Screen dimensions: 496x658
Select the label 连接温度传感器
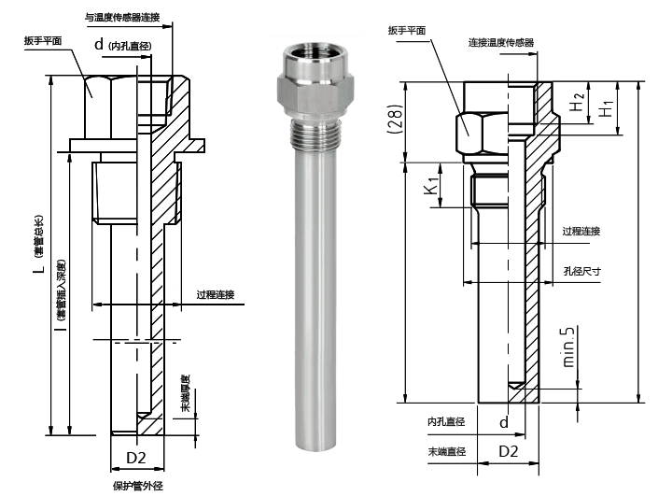point(500,42)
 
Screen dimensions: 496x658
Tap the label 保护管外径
point(138,486)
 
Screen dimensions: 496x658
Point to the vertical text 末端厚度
point(185,395)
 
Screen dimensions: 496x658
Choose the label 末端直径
point(446,451)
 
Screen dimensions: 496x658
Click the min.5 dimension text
point(567,346)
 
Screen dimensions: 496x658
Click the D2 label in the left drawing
point(136,458)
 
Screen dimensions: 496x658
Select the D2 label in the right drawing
point(508,451)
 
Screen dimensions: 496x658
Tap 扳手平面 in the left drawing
point(45,41)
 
